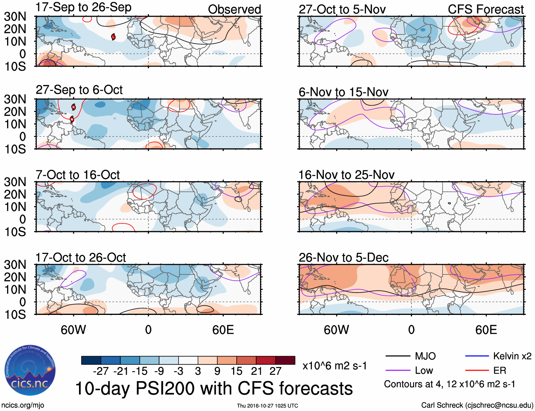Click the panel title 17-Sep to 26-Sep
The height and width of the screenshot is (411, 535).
(x=84, y=7)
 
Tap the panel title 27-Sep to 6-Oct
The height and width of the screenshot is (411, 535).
(x=79, y=90)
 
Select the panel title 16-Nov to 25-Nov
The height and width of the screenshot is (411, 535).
(x=346, y=175)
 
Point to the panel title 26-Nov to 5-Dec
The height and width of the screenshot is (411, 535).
(x=343, y=258)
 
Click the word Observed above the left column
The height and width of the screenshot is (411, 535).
(x=234, y=10)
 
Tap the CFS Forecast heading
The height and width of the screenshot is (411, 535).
(x=485, y=10)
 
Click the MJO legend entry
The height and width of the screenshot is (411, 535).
(x=425, y=356)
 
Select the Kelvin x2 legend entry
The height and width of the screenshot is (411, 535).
(x=512, y=356)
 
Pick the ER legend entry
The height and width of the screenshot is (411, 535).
(x=500, y=371)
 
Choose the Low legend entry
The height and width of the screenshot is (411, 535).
(x=424, y=371)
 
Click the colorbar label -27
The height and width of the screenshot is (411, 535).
(x=101, y=371)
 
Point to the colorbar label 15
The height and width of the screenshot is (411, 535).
(x=236, y=371)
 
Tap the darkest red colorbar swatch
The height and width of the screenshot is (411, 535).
(x=285, y=360)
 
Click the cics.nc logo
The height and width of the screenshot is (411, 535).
(x=30, y=371)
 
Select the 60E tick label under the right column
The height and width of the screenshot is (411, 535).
(x=486, y=330)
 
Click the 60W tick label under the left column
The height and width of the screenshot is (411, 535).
(x=73, y=330)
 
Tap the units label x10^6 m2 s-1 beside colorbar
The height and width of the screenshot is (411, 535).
(x=334, y=366)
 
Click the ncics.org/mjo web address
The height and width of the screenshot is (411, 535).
(x=23, y=405)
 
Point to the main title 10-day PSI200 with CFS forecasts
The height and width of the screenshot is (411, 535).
(x=214, y=389)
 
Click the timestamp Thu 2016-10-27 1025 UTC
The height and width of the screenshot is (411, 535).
(x=267, y=406)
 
